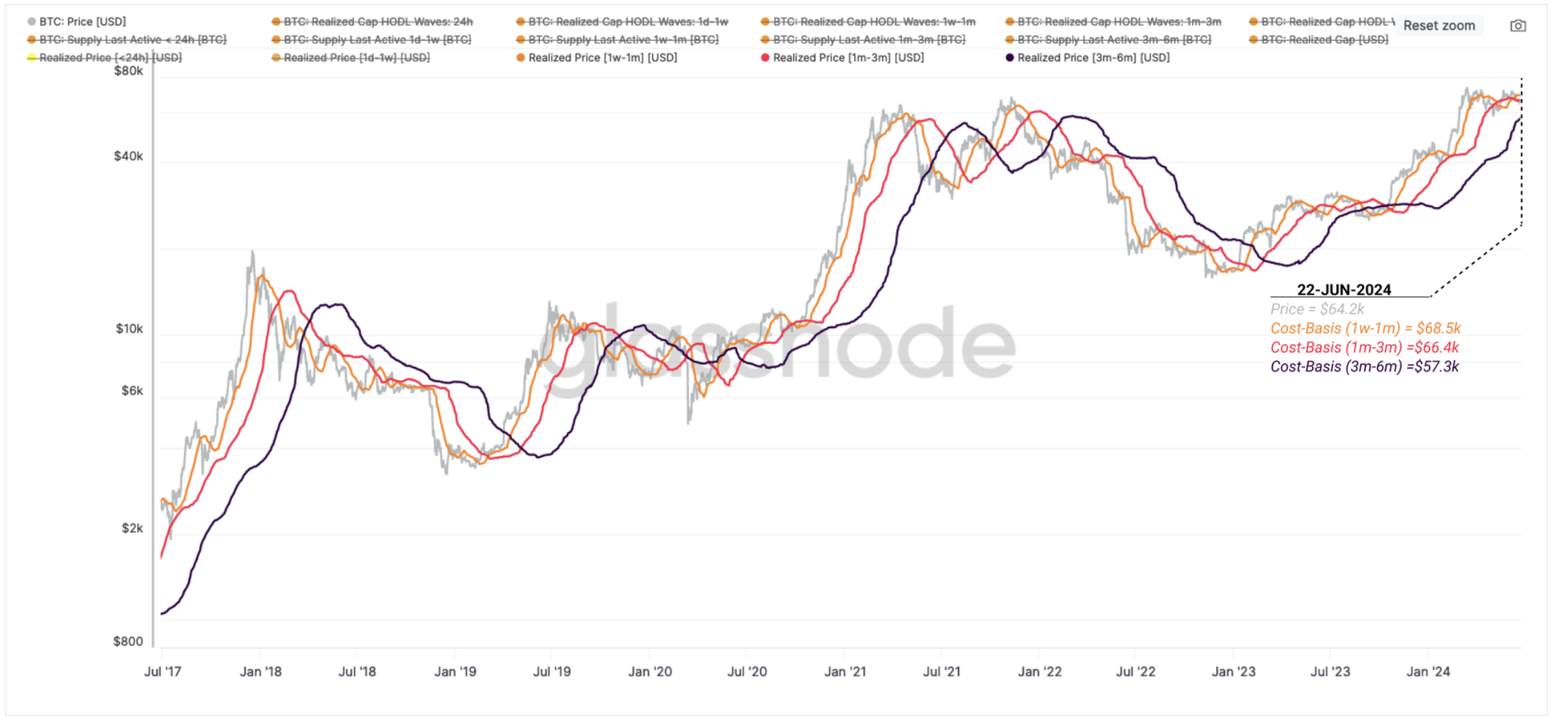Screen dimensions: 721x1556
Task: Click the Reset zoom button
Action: pos(1438,26)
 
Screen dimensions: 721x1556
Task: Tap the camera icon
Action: pos(1518,26)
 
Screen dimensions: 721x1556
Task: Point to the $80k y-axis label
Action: pos(128,71)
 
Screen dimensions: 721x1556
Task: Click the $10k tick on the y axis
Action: pos(129,329)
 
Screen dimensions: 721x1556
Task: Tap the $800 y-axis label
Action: pos(128,641)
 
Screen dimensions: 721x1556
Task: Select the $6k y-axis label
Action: pos(132,390)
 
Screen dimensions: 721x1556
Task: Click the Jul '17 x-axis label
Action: pos(163,671)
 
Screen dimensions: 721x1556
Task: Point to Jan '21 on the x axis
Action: pos(845,671)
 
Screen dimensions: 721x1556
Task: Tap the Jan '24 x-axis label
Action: pos(1428,671)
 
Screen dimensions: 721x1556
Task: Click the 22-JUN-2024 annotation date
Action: pos(1344,290)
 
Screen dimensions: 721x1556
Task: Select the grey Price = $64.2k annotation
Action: pos(1317,309)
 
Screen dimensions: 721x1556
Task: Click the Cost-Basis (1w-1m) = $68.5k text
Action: pos(1365,328)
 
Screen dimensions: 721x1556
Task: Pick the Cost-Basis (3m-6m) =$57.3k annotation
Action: pos(1364,366)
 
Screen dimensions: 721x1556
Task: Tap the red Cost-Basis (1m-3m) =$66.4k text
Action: pos(1364,347)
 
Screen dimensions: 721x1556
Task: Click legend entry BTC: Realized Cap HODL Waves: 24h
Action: pos(377,22)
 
